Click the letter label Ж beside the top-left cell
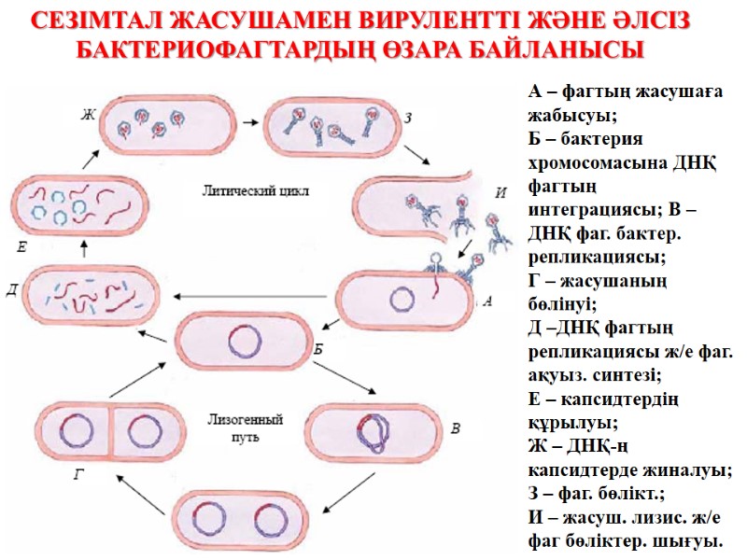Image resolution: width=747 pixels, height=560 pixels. (x=90, y=116)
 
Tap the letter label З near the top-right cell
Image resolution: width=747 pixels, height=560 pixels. (x=408, y=117)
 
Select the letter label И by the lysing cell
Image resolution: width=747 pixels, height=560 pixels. (x=501, y=193)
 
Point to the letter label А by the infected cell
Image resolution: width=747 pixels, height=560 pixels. (x=486, y=301)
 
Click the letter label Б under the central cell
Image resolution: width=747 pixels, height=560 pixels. (x=319, y=349)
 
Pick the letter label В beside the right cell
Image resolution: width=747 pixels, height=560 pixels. (x=455, y=429)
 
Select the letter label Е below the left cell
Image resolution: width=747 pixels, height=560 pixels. (x=21, y=247)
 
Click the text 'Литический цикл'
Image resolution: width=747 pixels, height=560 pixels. (x=255, y=189)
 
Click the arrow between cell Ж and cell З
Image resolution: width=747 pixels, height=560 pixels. (x=250, y=121)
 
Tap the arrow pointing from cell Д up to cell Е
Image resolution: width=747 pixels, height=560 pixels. (x=85, y=247)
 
